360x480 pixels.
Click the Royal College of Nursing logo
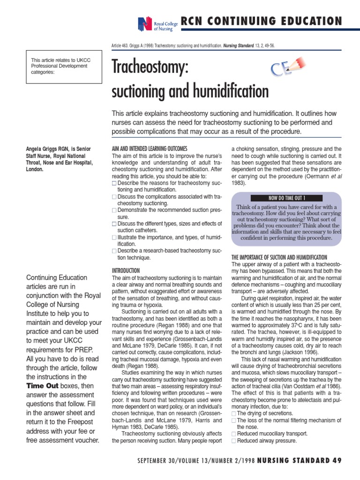[x=154, y=23]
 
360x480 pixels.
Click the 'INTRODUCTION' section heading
[x=126, y=270]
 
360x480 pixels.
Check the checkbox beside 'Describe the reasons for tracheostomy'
[x=114, y=183]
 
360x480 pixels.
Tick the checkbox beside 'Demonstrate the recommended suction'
[x=114, y=210]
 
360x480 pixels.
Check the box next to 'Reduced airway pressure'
[x=234, y=441]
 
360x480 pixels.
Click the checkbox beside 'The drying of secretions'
[x=234, y=413]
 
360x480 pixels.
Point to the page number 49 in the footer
[x=336, y=460]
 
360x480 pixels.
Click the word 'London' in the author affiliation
[x=34, y=169]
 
